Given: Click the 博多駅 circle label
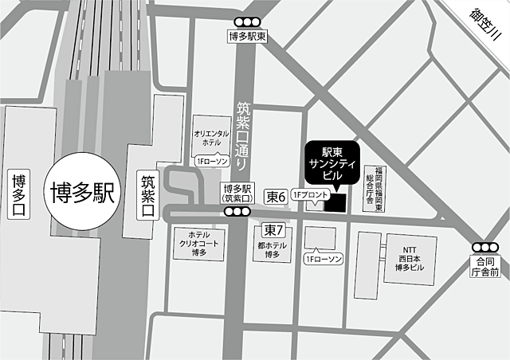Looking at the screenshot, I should pyautogui.click(x=83, y=194).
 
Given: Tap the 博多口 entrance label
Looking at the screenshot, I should pyautogui.click(x=18, y=194).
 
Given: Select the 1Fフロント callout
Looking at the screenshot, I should pyautogui.click(x=308, y=194).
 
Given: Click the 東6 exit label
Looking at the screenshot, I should pyautogui.click(x=276, y=195).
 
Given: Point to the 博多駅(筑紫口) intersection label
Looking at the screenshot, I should pyautogui.click(x=237, y=192).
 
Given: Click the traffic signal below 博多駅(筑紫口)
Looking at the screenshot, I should pyautogui.click(x=237, y=211).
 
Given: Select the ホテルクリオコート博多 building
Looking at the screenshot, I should pyautogui.click(x=198, y=244).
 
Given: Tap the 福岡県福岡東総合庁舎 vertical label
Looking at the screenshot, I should pyautogui.click(x=375, y=188).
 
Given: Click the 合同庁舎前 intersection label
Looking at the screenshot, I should pyautogui.click(x=484, y=266).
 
